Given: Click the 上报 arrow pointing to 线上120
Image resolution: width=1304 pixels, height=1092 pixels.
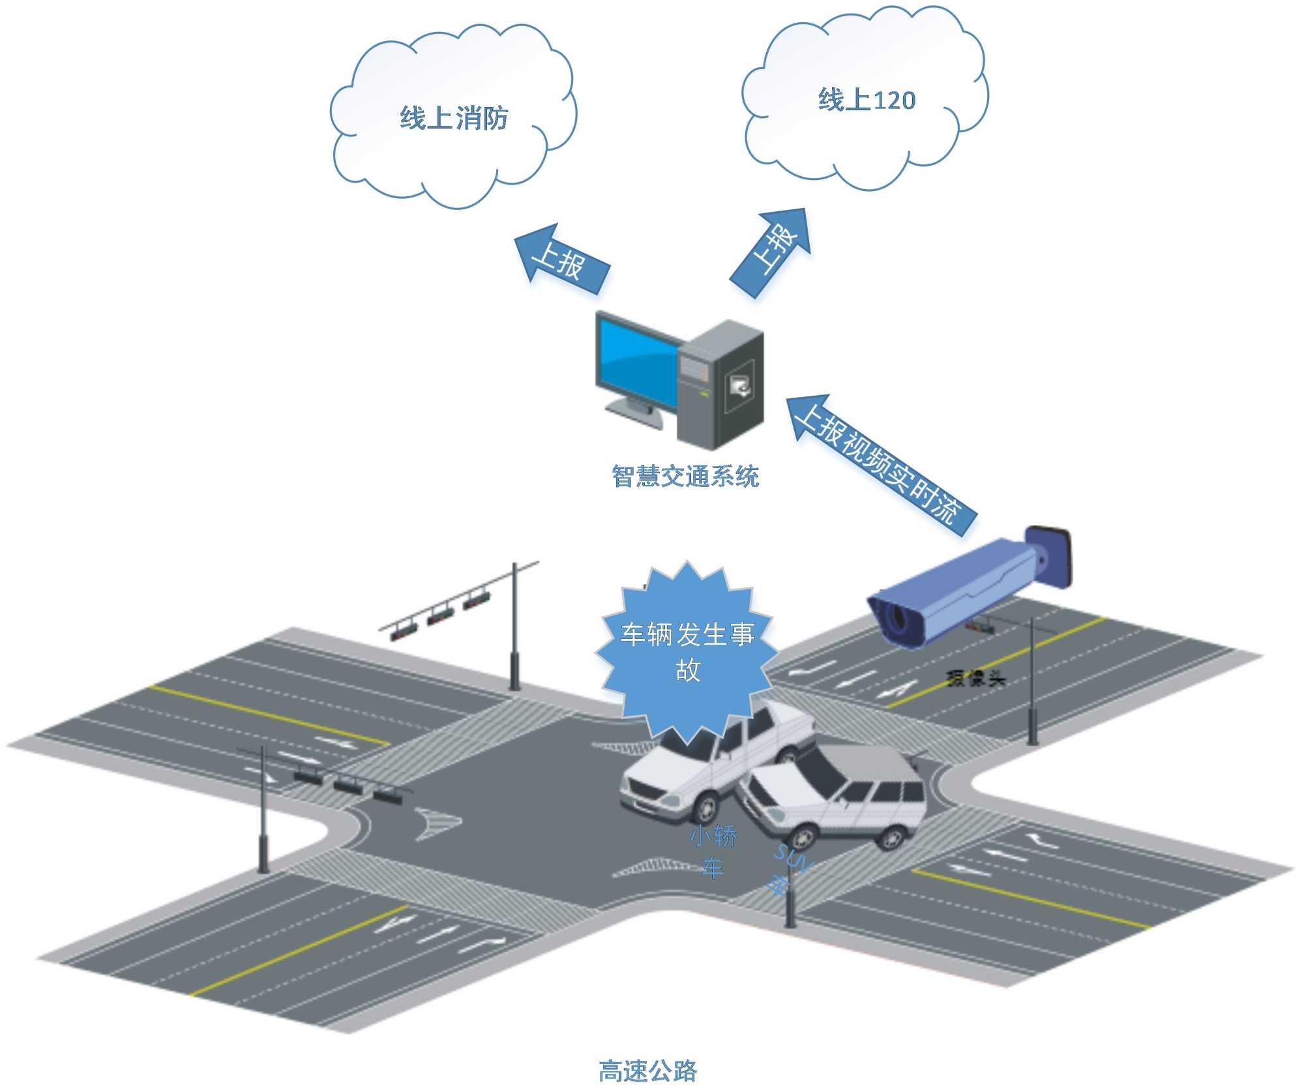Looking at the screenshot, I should coord(773,251).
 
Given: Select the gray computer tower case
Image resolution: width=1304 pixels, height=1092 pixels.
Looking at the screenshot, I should coord(720,385).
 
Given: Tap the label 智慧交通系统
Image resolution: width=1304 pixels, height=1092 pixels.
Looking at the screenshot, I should coord(685,477).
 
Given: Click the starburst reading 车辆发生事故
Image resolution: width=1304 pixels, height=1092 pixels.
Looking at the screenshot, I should coord(687,652).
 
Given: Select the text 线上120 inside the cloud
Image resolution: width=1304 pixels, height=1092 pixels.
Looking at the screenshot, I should coord(867,100).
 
